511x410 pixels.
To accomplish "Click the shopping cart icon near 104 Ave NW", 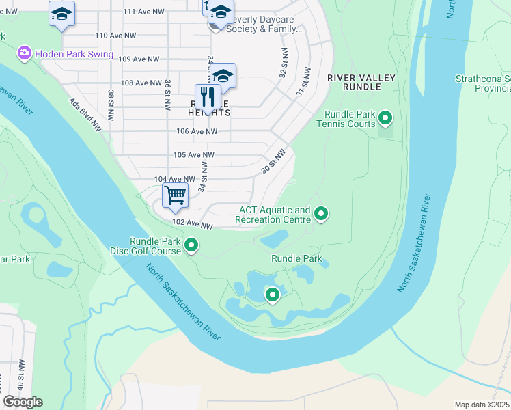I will [x=176, y=195].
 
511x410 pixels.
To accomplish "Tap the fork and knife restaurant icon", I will [x=208, y=96].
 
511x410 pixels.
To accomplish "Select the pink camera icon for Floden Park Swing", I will [x=25, y=53].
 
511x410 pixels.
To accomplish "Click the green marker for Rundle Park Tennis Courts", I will [x=385, y=119].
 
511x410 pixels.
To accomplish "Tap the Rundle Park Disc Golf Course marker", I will [x=192, y=245].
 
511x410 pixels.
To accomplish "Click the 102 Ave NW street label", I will [x=193, y=223].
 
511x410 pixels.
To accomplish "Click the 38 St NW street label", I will [x=110, y=101].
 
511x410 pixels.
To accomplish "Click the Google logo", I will [x=23, y=402].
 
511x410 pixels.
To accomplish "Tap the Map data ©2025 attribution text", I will [x=482, y=405].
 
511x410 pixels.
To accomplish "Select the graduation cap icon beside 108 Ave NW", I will [x=223, y=74].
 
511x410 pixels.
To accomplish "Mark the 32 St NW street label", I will [x=282, y=62].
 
